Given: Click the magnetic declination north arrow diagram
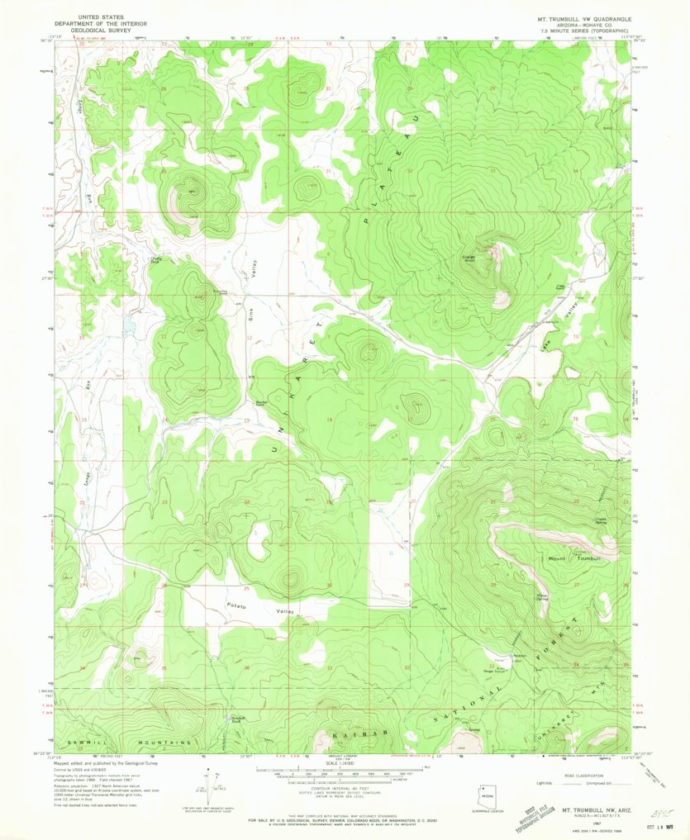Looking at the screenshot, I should click(x=217, y=785).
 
